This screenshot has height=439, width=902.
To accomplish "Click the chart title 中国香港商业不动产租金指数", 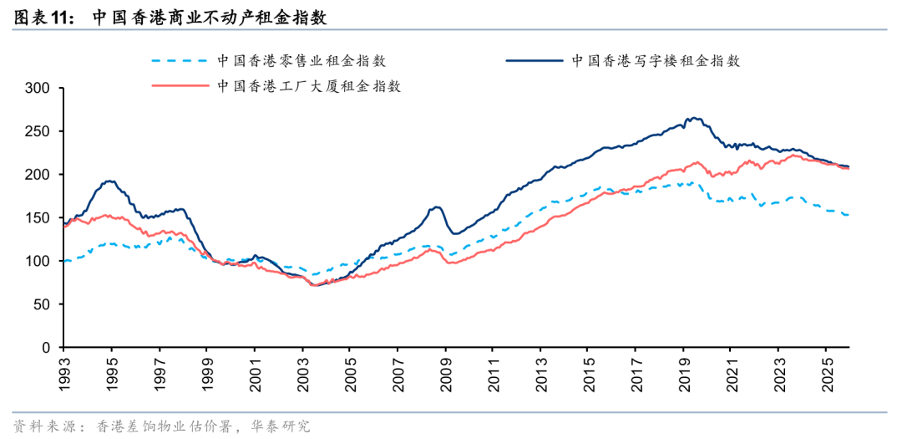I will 209,17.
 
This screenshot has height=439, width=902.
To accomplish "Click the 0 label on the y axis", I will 47,347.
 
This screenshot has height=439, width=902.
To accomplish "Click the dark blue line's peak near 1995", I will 109,181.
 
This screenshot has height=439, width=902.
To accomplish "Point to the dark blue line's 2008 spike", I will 436,207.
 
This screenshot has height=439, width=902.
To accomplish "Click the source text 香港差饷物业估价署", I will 164,426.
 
